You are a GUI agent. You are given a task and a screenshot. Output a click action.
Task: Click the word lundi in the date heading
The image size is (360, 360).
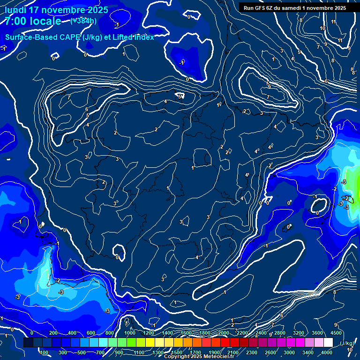click(x=16, y=10)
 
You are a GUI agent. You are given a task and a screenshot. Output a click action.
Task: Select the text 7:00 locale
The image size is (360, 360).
click(x=33, y=21)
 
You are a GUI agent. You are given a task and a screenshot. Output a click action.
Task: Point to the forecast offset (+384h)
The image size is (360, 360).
click(x=83, y=21)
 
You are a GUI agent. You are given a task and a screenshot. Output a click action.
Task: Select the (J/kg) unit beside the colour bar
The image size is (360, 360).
click(x=347, y=344)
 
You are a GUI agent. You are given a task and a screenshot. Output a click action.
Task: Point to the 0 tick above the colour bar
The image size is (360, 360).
click(x=31, y=333)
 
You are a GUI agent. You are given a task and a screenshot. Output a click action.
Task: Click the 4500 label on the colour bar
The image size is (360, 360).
click(x=336, y=333)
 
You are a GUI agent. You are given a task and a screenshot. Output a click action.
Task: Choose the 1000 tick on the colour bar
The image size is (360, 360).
click(x=130, y=333)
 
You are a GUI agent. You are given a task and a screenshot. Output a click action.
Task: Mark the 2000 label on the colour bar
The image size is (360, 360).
click(x=224, y=333)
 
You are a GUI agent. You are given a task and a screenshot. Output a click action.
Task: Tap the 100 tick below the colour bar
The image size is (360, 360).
click(x=45, y=352)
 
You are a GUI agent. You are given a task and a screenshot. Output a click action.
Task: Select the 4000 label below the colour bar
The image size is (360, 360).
click(x=327, y=352)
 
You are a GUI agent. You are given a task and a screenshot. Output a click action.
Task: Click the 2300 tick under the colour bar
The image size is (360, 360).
click(x=251, y=352)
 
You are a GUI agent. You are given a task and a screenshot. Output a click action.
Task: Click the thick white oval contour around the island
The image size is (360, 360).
click(x=320, y=205)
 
